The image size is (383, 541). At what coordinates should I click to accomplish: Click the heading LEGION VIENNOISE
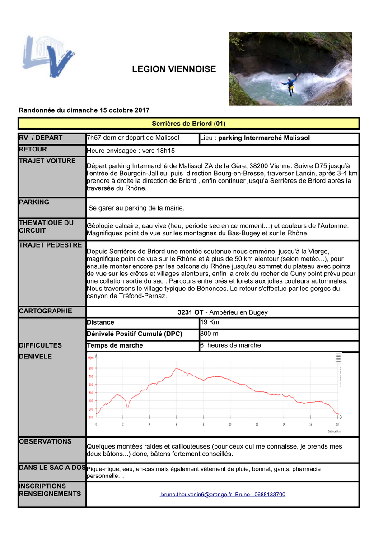tap(174, 69)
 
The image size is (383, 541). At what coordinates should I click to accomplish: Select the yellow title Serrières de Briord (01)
tap(188, 124)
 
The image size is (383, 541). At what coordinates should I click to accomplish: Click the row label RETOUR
tap(33, 149)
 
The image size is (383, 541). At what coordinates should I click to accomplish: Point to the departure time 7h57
tap(94, 138)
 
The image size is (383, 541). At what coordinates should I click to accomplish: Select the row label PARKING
tap(34, 202)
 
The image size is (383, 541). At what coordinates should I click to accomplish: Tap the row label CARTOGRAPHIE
tap(45, 311)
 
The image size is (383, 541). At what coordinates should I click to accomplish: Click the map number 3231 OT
tap(190, 312)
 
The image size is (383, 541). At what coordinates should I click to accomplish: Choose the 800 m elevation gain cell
tap(209, 334)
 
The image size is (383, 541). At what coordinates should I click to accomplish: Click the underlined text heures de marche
tap(234, 345)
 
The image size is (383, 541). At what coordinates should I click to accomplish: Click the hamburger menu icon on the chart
tap(338, 359)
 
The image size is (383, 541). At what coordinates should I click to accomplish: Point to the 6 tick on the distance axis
tap(177, 424)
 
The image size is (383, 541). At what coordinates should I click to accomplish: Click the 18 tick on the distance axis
tap(337, 424)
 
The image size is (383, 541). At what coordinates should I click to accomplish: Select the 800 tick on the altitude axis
tap(91, 368)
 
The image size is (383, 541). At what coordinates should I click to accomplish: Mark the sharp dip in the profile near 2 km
tap(127, 407)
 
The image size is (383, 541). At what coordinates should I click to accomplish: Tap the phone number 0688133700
tap(270, 495)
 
